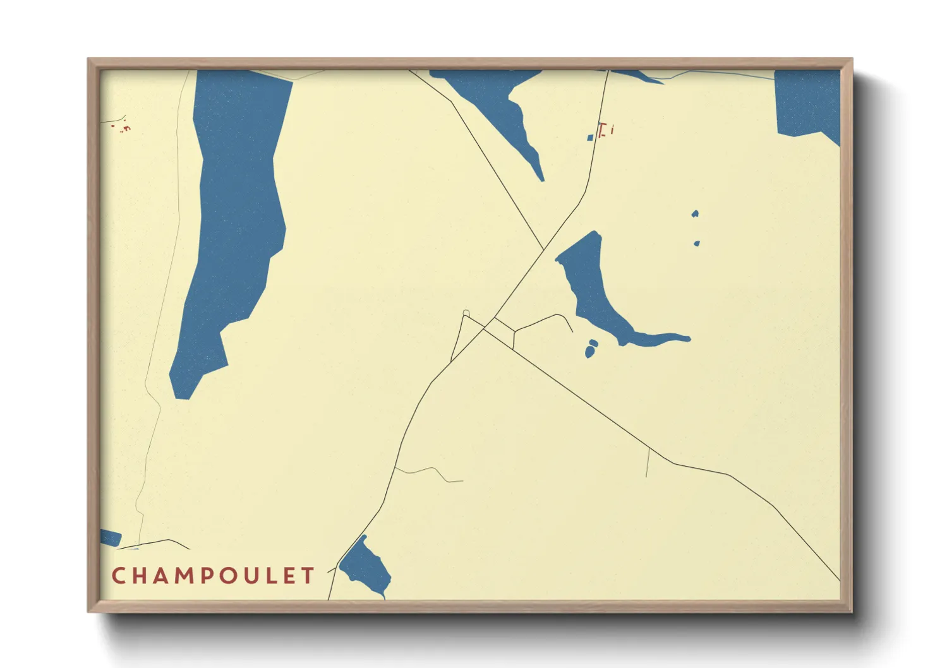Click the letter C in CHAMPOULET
118,576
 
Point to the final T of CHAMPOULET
308,576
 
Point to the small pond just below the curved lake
591,349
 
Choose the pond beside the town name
366,565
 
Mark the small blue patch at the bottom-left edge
110,538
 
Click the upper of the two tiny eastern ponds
695,214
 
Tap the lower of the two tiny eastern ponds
696,243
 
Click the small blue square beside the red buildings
590,137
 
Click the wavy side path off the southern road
430,472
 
